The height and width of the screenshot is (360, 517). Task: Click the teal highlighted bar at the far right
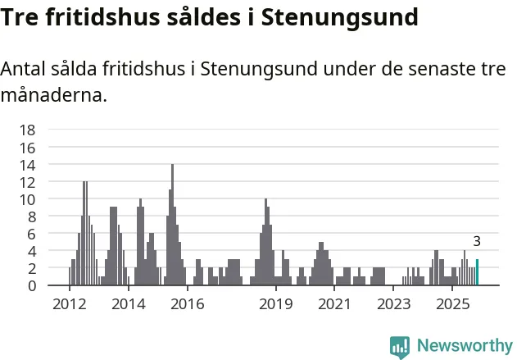pyautogui.click(x=477, y=272)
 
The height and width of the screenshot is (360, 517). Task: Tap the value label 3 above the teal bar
pyautogui.click(x=477, y=242)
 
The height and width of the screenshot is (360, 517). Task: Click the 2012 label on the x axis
pyautogui.click(x=69, y=304)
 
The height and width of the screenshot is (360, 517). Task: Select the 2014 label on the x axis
pyautogui.click(x=128, y=304)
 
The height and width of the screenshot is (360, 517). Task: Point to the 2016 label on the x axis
pyautogui.click(x=187, y=304)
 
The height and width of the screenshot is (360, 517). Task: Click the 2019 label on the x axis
pyautogui.click(x=275, y=304)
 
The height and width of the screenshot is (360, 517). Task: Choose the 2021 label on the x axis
pyautogui.click(x=334, y=304)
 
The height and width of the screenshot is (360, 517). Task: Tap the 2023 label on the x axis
pyautogui.click(x=393, y=304)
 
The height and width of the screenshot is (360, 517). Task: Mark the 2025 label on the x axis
pyautogui.click(x=452, y=304)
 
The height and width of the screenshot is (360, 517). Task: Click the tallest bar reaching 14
pyautogui.click(x=172, y=226)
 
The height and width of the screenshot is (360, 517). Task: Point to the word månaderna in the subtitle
pyautogui.click(x=53, y=96)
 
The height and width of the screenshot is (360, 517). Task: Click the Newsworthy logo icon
pyautogui.click(x=400, y=346)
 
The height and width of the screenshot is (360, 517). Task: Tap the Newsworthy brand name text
pyautogui.click(x=464, y=346)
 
